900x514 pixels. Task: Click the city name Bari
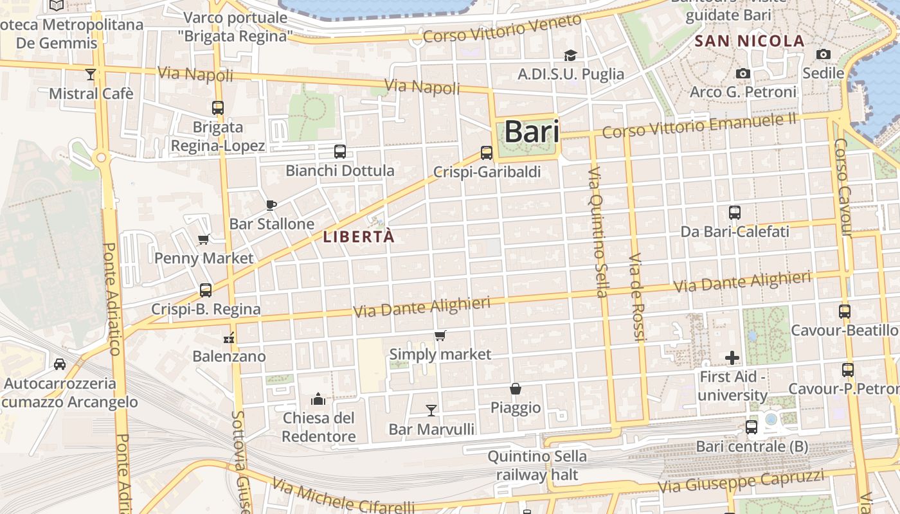[531, 132]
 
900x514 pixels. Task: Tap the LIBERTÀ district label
[359, 237]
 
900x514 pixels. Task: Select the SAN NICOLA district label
[750, 41]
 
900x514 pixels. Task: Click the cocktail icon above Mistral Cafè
[91, 75]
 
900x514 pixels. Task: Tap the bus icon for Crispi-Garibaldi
[487, 153]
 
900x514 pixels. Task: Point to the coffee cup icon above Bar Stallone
[271, 205]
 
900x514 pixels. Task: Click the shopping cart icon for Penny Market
[204, 240]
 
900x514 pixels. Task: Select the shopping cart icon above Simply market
[440, 335]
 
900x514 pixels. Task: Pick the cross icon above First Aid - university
[732, 358]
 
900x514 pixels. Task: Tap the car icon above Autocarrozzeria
[60, 364]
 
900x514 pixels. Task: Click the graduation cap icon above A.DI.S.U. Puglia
[570, 55]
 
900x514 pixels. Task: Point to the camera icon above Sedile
[823, 55]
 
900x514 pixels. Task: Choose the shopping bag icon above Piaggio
[516, 389]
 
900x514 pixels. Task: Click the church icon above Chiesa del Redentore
[318, 400]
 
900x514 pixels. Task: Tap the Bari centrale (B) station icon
[751, 427]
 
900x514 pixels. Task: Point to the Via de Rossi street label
[636, 297]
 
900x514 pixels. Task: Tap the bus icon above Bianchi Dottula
[340, 152]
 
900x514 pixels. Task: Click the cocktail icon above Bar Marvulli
[431, 410]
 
